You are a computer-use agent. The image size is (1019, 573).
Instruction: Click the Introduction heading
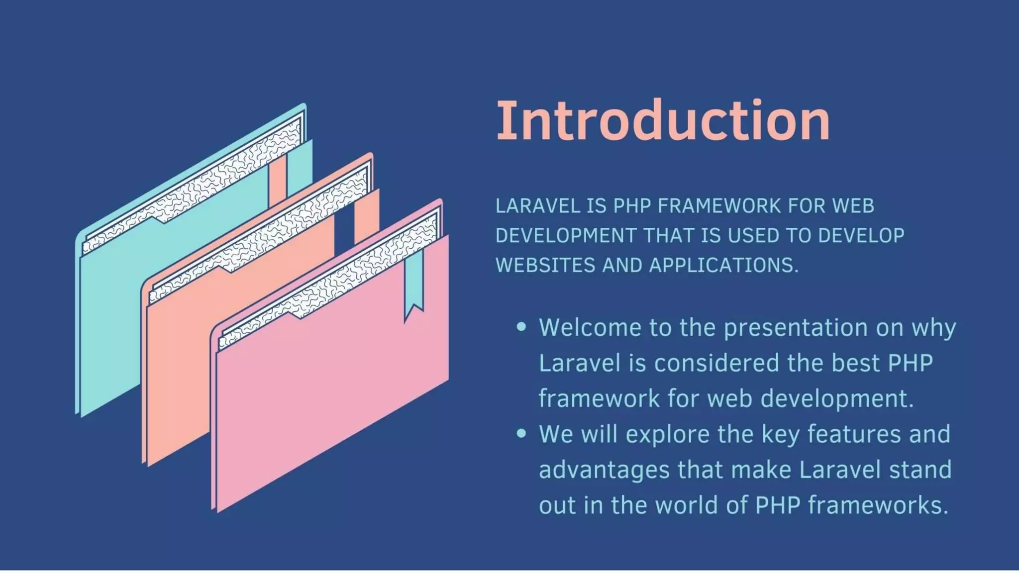(663, 121)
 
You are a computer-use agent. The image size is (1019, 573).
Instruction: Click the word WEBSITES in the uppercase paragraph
(545, 265)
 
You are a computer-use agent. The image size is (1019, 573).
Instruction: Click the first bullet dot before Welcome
(521, 327)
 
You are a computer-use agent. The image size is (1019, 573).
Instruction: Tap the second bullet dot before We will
(521, 433)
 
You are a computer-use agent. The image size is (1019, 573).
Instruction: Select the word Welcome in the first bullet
(591, 327)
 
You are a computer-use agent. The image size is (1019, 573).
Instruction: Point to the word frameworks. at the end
(878, 505)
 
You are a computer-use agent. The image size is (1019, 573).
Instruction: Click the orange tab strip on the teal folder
(277, 182)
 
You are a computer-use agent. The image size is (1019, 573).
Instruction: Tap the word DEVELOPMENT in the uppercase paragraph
(566, 236)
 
